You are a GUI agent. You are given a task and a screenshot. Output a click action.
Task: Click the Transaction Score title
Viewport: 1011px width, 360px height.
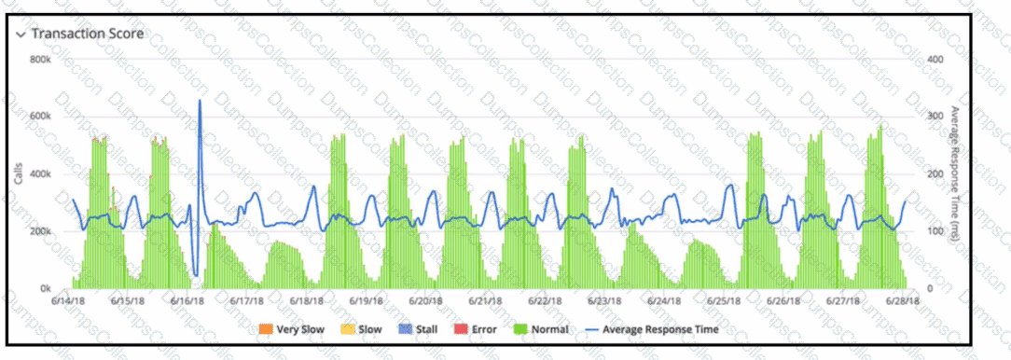point(88,34)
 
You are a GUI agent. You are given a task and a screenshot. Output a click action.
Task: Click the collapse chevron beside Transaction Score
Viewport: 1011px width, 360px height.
point(21,35)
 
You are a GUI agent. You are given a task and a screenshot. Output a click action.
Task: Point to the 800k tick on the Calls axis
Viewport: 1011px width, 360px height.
point(41,60)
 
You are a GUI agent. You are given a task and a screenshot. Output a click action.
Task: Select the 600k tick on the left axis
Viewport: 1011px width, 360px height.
point(41,117)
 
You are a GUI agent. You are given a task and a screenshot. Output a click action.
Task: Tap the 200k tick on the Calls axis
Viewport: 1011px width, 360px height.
point(41,231)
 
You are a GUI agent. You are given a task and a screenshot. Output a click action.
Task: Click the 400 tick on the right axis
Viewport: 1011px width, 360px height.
point(934,60)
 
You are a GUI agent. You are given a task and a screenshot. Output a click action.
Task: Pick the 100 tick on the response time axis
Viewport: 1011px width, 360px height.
point(934,231)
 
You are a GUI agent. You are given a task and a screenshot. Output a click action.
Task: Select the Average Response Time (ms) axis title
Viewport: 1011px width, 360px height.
point(954,174)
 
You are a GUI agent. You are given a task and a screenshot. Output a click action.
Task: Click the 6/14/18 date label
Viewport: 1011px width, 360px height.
point(70,300)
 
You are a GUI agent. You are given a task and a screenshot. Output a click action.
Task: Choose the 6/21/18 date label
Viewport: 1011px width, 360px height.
point(486,300)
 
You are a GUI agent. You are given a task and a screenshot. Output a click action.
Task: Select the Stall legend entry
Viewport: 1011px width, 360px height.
point(418,329)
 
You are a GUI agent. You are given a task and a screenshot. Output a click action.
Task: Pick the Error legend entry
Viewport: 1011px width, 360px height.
point(476,329)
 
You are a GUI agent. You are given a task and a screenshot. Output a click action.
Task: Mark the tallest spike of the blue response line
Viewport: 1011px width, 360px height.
point(200,100)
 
